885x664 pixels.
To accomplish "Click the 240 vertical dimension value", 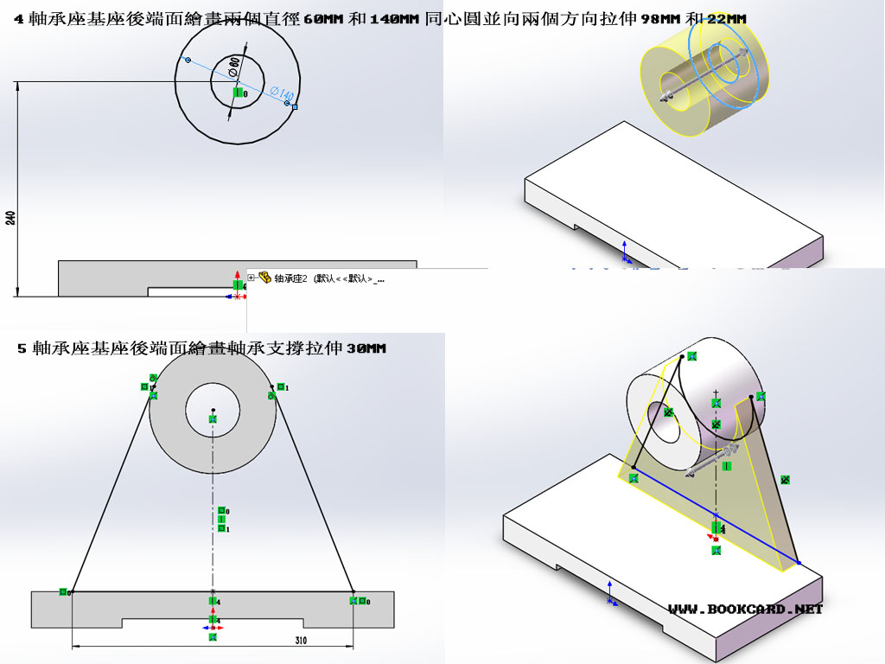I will tap(11, 217).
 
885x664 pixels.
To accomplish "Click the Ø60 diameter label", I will tap(234, 67).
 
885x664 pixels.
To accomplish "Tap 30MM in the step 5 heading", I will tap(366, 348).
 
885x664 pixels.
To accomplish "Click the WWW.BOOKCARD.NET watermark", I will tap(745, 609).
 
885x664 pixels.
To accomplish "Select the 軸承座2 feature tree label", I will tap(291, 278).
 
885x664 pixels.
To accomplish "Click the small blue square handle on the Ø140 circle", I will tap(295, 107).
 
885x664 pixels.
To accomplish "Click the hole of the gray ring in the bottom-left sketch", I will tap(213, 410).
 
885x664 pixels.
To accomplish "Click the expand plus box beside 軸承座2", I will tap(251, 278).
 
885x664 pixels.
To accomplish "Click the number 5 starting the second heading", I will tap(22, 348).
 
